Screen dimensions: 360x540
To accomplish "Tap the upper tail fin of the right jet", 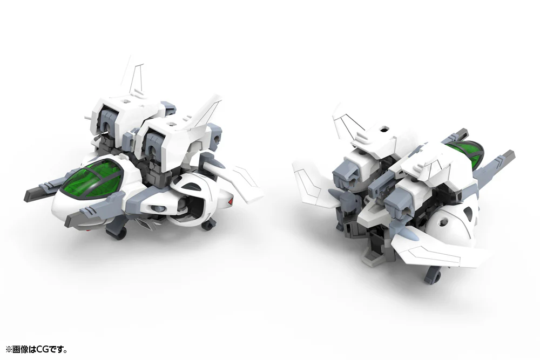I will click(x=346, y=121).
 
